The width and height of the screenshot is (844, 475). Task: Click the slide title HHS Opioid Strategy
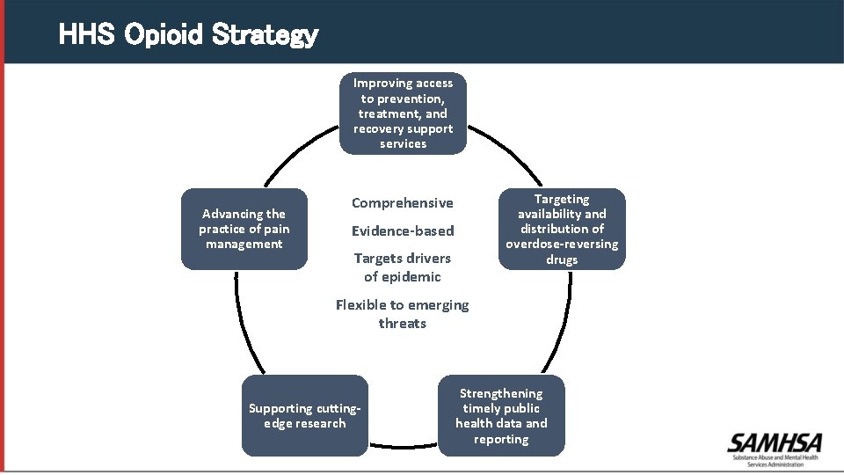pyautogui.click(x=188, y=35)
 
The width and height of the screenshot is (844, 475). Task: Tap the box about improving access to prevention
pyautogui.click(x=404, y=113)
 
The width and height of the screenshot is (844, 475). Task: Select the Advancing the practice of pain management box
pyautogui.click(x=244, y=229)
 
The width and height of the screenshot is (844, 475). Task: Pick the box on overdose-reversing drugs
pyautogui.click(x=562, y=229)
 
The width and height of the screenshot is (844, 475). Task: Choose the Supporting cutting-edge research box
pyautogui.click(x=305, y=416)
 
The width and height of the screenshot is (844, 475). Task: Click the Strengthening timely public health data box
pyautogui.click(x=501, y=416)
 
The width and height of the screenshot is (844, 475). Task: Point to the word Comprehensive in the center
pyautogui.click(x=403, y=203)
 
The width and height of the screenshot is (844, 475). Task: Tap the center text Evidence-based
pyautogui.click(x=403, y=231)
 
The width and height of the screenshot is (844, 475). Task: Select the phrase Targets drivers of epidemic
pyautogui.click(x=403, y=267)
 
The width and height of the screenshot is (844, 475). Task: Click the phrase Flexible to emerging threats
pyautogui.click(x=403, y=314)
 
